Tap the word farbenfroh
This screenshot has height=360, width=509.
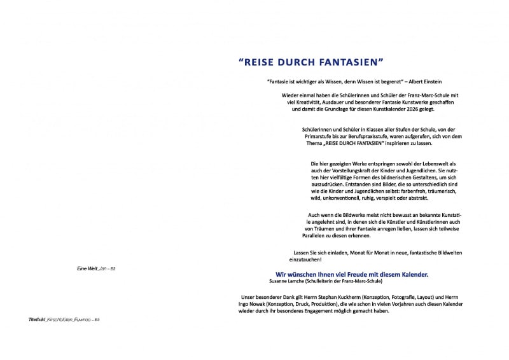tap(409, 191)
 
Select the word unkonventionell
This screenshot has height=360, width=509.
tap(345, 198)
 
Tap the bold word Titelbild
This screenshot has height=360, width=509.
tap(38, 318)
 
